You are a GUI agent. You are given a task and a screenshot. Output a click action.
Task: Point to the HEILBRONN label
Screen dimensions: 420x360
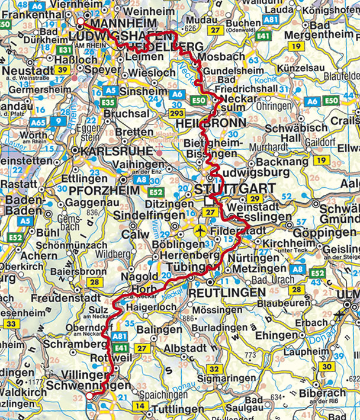point(204,123)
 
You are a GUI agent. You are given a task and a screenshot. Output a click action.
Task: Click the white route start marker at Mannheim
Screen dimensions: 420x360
point(81,22)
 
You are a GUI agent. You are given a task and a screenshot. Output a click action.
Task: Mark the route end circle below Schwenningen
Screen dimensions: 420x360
point(89,396)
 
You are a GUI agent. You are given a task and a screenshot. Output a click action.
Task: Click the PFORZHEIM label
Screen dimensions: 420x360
point(104,190)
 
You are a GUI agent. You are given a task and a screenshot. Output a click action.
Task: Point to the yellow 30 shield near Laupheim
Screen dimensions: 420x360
point(325,366)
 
